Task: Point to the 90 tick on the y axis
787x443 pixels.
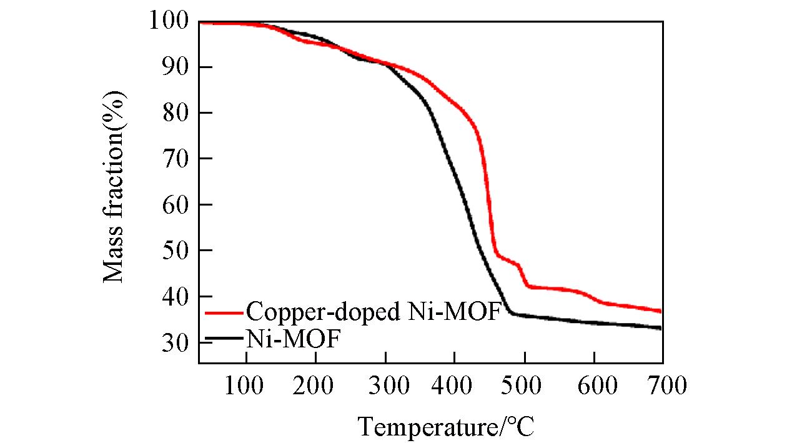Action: click(176, 67)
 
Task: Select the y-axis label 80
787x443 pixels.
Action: click(176, 113)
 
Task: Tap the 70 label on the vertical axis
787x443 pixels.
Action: click(176, 159)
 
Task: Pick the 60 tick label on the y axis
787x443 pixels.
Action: click(176, 205)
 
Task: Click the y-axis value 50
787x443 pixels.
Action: click(176, 251)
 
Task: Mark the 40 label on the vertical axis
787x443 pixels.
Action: click(176, 297)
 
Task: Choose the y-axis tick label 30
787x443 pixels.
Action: click(176, 342)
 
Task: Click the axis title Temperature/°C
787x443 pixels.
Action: click(446, 427)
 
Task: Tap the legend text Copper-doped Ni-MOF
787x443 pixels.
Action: click(374, 311)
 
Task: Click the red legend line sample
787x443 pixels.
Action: click(224, 312)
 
